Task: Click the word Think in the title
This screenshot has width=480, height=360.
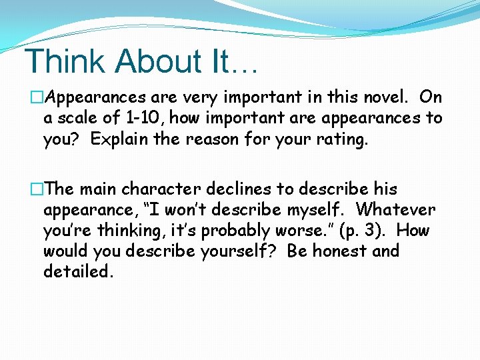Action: pos(64,61)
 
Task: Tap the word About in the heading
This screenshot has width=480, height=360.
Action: pos(154,61)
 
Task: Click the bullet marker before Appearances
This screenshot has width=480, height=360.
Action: pos(36,97)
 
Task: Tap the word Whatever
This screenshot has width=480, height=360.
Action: pos(395,210)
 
